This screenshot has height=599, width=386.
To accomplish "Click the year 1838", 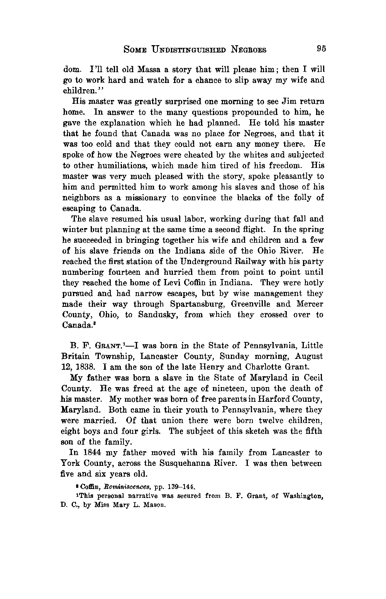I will pos(83,367).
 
